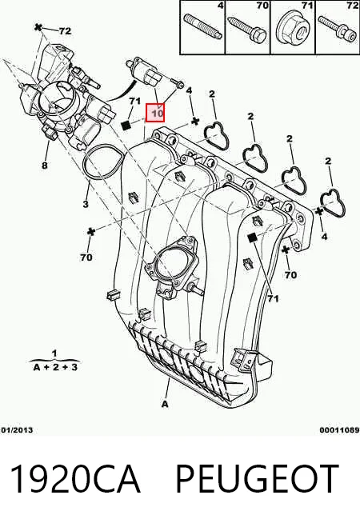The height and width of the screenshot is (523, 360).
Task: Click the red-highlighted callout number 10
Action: tap(155, 113)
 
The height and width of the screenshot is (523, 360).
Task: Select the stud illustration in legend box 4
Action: tap(202, 26)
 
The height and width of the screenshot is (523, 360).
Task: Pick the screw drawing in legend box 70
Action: tap(248, 30)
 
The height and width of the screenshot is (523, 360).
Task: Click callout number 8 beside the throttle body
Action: tap(45, 165)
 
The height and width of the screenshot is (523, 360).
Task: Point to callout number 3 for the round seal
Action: tap(86, 204)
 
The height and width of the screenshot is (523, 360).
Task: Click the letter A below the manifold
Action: tap(165, 404)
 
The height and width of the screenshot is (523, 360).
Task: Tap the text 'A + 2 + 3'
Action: tap(55, 367)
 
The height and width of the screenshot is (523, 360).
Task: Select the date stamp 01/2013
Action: tap(17, 430)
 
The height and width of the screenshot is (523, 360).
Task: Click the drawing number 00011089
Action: tap(340, 430)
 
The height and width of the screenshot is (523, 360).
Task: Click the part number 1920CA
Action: tap(75, 478)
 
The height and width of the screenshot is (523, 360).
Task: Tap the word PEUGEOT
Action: tap(257, 478)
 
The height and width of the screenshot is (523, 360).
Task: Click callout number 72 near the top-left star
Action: tap(66, 31)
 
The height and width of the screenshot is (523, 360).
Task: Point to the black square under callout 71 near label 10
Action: tap(126, 126)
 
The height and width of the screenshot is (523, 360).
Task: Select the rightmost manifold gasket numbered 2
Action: tap(333, 203)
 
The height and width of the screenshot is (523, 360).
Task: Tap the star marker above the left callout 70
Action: tap(90, 231)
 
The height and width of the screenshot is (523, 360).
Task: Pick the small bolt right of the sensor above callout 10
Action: tap(177, 83)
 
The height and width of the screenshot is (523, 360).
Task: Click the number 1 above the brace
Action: tap(54, 353)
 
